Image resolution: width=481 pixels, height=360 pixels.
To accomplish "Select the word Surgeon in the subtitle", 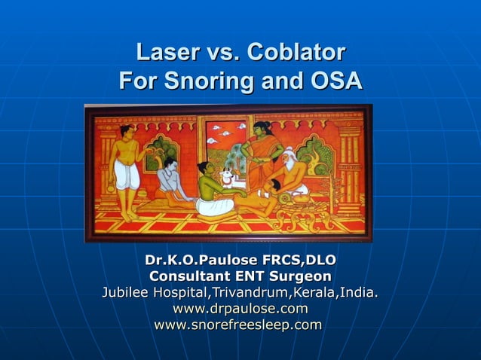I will pyautogui.click(x=294, y=276).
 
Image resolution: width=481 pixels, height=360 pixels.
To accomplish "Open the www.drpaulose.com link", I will pyautogui.click(x=240, y=309).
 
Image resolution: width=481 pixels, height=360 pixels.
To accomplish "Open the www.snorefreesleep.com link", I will pyautogui.click(x=238, y=325).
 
